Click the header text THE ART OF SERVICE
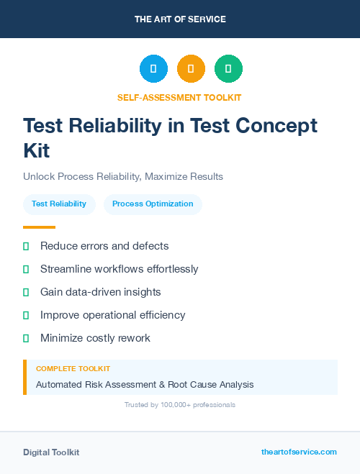[x=180, y=19]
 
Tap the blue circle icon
[x=153, y=69]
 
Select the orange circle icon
[x=191, y=69]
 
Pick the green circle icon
[x=228, y=69]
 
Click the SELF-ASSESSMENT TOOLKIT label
[x=179, y=97]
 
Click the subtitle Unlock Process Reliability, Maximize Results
[x=123, y=176]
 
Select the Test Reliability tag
[x=59, y=204]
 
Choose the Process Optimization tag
[x=153, y=204]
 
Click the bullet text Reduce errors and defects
[x=104, y=246]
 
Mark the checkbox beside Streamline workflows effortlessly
[x=26, y=269]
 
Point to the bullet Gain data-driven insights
[x=100, y=292]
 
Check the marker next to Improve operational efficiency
[x=26, y=315]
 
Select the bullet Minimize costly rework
[x=95, y=338]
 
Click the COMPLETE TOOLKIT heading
[x=73, y=368]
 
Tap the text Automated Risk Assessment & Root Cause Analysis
[x=145, y=384]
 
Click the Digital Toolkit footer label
[x=51, y=452]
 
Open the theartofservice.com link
[x=299, y=452]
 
